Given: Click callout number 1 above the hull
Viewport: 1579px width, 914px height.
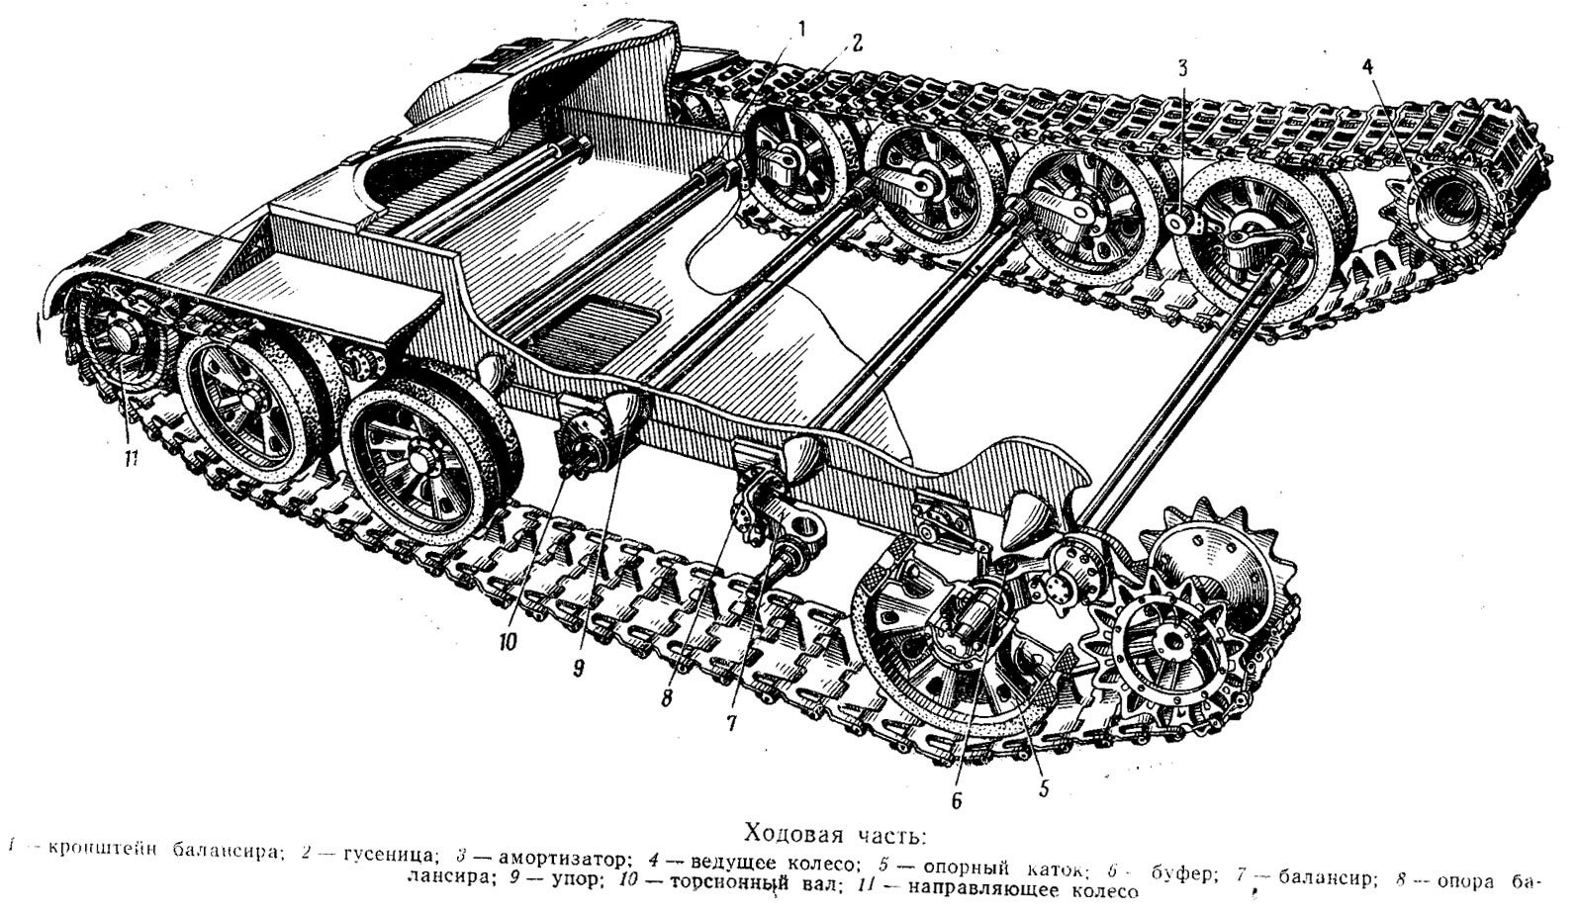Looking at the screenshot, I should click(x=802, y=28).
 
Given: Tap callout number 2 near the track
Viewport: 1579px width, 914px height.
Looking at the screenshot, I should click(x=856, y=43).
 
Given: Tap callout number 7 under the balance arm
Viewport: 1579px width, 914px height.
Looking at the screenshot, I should click(x=731, y=723).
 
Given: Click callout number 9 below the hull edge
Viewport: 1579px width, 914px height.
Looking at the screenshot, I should click(x=578, y=668).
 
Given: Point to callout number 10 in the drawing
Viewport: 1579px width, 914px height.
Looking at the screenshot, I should click(x=507, y=642).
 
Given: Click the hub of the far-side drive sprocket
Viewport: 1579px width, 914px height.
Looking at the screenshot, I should click(x=1447, y=207).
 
